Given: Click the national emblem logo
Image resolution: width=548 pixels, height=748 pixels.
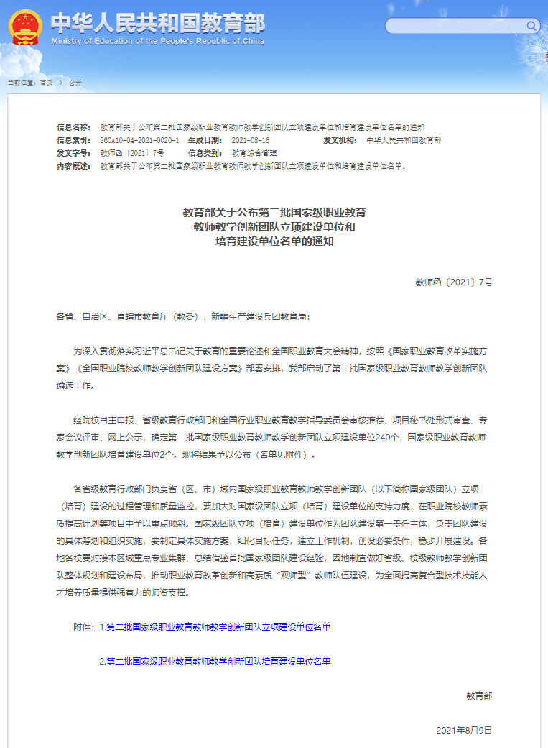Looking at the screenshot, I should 25,27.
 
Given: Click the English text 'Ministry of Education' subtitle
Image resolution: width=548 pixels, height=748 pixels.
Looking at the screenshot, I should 158,41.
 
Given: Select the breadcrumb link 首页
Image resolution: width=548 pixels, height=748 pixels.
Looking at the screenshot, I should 46,83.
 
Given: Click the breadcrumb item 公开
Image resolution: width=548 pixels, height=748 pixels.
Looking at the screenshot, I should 75,83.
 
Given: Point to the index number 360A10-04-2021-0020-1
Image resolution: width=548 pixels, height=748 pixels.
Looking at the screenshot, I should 139,140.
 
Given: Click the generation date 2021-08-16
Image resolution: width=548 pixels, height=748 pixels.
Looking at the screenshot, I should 251,140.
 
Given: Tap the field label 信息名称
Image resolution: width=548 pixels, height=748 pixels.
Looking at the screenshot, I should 74,126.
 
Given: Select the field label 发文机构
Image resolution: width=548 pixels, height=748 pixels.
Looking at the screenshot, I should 340,140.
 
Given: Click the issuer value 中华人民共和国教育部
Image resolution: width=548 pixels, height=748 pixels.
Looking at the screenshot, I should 404,140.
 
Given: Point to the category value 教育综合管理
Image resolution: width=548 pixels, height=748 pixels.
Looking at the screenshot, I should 254,153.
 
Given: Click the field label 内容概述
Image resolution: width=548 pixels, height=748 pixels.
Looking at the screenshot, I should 74,166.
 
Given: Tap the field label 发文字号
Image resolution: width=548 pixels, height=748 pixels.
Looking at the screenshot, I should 74,153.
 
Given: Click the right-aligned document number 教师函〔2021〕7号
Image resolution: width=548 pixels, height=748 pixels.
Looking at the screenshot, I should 454,282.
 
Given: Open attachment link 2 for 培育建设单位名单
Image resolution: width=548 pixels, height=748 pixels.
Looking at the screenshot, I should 215,661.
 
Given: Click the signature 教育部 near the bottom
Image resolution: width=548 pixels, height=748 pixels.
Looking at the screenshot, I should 479,696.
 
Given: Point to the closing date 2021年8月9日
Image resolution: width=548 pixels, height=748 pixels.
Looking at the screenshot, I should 464,730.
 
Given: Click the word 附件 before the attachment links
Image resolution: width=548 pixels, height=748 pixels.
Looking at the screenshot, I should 83,627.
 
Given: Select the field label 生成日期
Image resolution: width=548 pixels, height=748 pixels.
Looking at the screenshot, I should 205,140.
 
